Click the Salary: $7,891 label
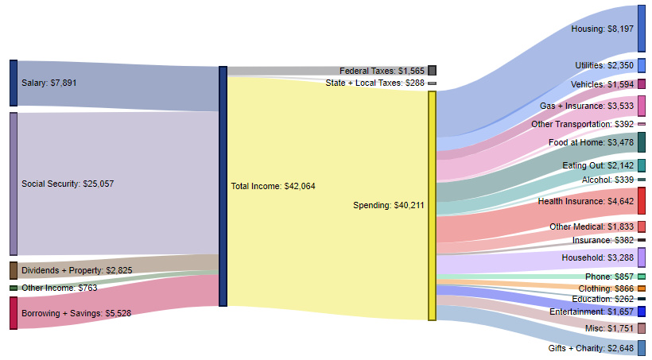click(49, 83)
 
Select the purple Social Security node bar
click(14, 184)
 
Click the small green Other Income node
click(14, 288)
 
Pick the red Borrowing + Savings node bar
click(14, 312)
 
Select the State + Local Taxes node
click(432, 83)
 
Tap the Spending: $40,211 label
click(389, 205)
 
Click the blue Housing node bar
click(641, 29)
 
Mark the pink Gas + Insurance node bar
click(641, 105)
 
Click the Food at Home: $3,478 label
click(592, 142)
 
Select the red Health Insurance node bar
click(641, 201)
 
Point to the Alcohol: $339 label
click(607, 180)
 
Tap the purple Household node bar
click(641, 257)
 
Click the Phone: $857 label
click(610, 277)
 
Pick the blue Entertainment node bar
click(641, 312)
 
